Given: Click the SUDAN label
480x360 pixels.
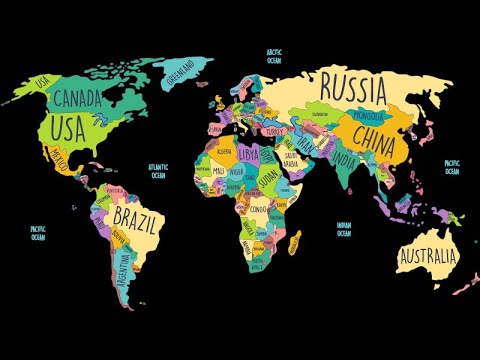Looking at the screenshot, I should pyautogui.click(x=268, y=177).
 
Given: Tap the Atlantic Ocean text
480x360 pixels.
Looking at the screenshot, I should pyautogui.click(x=158, y=172).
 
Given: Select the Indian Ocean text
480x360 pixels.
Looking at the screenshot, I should pyautogui.click(x=344, y=229).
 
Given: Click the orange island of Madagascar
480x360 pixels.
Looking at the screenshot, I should pyautogui.click(x=294, y=241).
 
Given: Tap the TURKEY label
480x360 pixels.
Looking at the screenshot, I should pyautogui.click(x=275, y=131).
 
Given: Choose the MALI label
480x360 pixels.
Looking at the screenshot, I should pyautogui.click(x=219, y=171).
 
